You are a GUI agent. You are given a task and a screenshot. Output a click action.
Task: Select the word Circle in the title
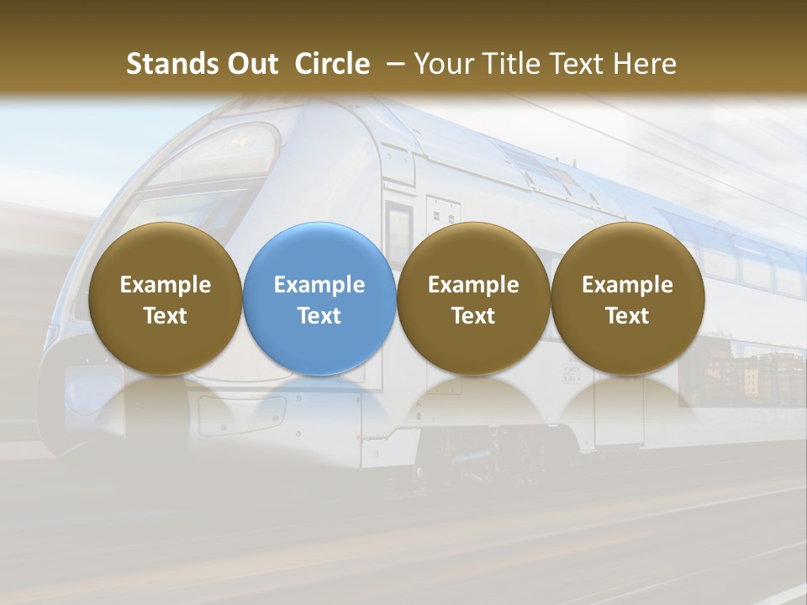tap(332, 65)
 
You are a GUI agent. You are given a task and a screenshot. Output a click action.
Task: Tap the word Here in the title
tap(644, 65)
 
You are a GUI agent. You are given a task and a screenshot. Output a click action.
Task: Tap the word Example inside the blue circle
tap(319, 285)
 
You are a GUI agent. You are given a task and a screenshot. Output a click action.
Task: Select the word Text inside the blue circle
tap(319, 316)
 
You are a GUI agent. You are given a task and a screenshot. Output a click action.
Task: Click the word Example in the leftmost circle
tap(165, 285)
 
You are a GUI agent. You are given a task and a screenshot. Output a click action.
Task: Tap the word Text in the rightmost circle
tap(628, 316)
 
